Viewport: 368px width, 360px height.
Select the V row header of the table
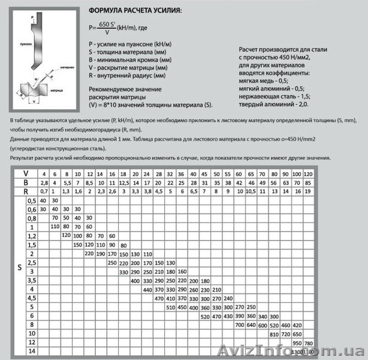coord(25,172)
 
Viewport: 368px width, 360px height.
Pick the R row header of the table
coord(25,191)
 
